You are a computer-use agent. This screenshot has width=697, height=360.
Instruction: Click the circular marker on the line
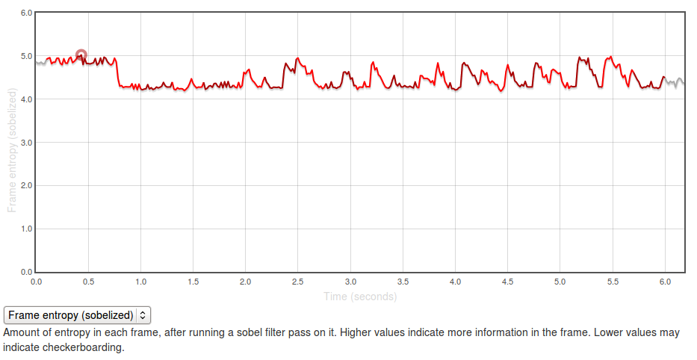(x=81, y=55)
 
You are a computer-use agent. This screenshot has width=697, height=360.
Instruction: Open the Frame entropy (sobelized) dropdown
(x=77, y=315)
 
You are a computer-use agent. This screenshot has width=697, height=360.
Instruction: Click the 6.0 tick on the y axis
(x=25, y=13)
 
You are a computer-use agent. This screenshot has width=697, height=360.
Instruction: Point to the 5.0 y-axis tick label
(x=25, y=56)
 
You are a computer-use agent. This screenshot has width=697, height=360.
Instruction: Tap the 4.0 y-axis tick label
(x=25, y=99)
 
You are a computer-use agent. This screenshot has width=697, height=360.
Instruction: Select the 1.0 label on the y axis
(x=25, y=229)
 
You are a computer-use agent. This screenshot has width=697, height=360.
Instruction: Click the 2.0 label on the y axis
(x=25, y=185)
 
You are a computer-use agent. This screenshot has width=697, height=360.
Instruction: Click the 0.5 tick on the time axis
(x=88, y=282)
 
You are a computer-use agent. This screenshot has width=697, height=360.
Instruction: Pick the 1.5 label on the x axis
(x=193, y=282)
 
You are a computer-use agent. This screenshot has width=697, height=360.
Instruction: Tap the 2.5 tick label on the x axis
(x=297, y=282)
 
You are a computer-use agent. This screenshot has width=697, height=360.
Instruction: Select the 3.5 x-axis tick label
(x=403, y=282)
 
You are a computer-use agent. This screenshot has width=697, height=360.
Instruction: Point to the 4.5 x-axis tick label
(x=507, y=282)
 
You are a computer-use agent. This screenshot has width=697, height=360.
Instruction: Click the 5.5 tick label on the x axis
(x=612, y=282)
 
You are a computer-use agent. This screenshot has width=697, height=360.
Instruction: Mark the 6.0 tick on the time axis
(x=664, y=282)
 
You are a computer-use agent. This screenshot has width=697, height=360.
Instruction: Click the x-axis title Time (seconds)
(x=360, y=297)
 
